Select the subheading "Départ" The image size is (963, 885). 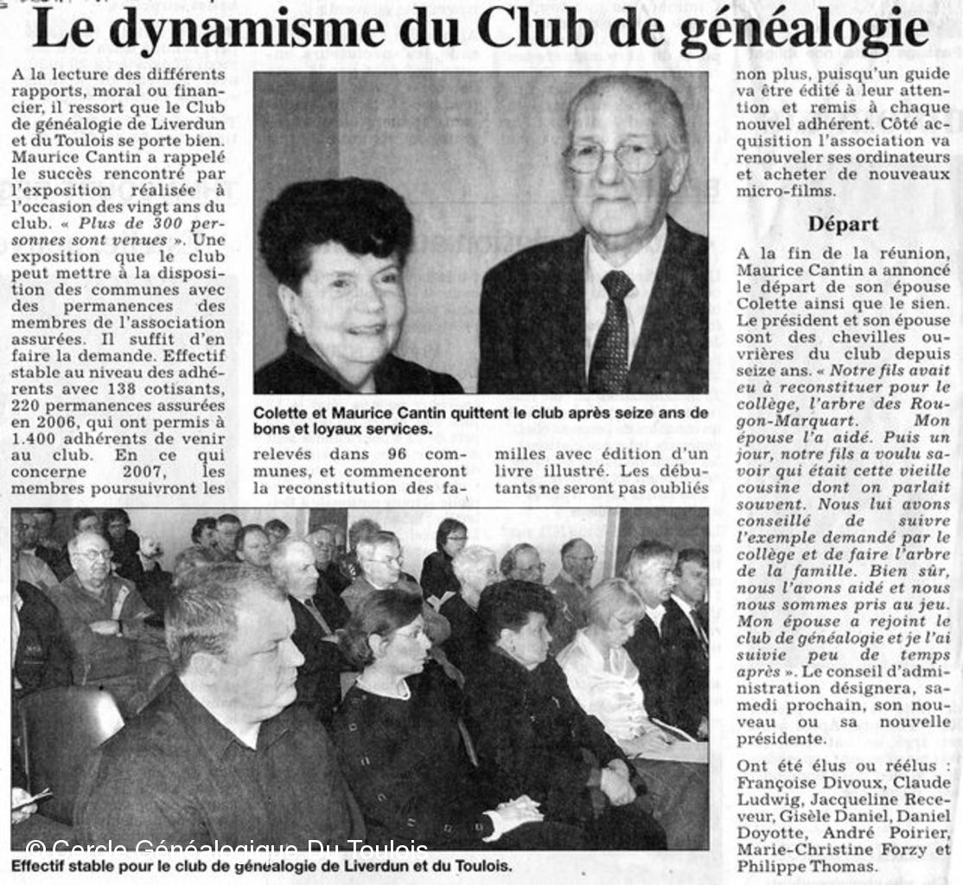(x=843, y=224)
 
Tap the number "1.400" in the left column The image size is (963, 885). (x=34, y=439)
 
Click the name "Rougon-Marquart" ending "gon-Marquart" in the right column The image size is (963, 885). (x=787, y=420)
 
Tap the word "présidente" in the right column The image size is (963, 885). (x=778, y=740)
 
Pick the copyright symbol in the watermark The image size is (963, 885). (x=33, y=848)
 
